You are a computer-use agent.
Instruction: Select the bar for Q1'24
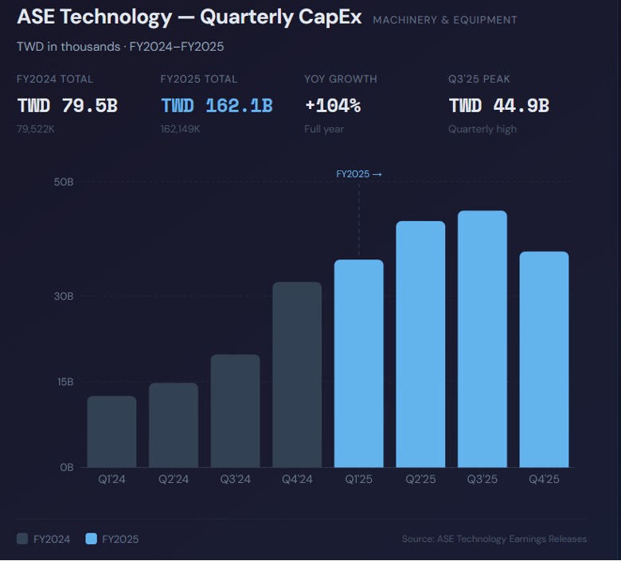111,431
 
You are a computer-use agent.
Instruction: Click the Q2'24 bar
174,425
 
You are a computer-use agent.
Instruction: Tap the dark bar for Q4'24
297,374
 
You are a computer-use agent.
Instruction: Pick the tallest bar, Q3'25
482,338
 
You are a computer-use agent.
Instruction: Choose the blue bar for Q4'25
545,359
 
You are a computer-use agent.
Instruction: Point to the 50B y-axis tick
64,182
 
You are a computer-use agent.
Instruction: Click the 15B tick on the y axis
64,382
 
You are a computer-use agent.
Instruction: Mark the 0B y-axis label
66,467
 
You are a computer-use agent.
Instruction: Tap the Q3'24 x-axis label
235,479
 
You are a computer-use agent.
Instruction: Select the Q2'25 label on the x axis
420,479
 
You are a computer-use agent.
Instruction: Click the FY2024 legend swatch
23,539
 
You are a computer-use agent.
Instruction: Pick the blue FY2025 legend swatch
92,539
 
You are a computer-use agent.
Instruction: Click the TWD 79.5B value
68,106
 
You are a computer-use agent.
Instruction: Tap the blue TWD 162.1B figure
217,106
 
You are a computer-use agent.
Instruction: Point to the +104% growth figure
333,106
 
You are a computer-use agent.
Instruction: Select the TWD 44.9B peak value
499,106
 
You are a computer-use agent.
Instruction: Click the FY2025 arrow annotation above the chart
359,174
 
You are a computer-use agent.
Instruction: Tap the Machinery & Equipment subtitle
445,20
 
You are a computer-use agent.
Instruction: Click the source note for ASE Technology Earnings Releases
494,539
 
